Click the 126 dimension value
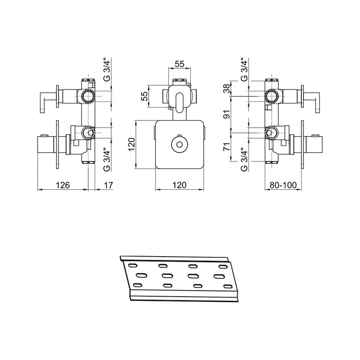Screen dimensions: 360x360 click(x=63, y=185)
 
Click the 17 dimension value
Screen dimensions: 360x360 click(x=109, y=185)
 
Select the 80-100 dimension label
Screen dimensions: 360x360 click(x=283, y=185)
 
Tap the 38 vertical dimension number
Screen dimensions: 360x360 click(x=227, y=88)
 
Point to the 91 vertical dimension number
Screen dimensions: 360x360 click(x=227, y=114)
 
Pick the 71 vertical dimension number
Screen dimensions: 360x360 click(x=227, y=147)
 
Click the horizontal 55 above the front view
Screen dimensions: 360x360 click(x=179, y=64)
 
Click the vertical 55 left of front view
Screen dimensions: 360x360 click(x=145, y=96)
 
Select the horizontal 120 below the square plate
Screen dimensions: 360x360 click(x=179, y=185)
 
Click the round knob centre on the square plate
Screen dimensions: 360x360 click(x=179, y=144)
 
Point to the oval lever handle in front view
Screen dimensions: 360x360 click(x=179, y=103)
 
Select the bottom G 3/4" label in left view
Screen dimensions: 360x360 click(x=106, y=160)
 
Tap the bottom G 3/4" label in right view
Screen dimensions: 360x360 click(x=244, y=160)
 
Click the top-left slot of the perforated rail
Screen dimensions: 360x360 click(x=133, y=265)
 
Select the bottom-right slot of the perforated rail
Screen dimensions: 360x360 click(x=228, y=286)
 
